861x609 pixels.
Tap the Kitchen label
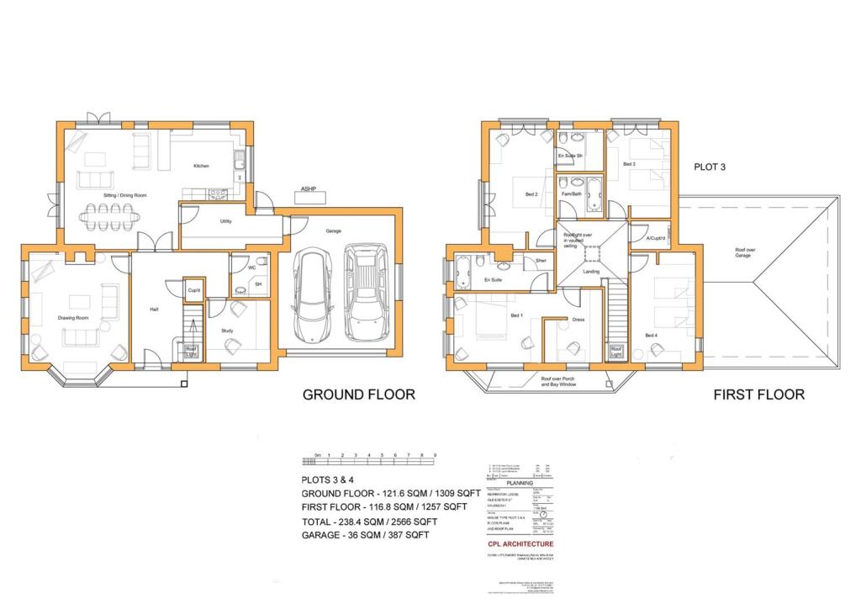(x=201, y=166)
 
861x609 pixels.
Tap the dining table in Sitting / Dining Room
(x=110, y=215)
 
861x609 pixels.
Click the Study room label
(x=226, y=331)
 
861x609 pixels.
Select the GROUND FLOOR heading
(x=358, y=394)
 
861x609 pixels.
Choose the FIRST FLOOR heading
(x=758, y=394)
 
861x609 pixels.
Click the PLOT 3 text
(x=709, y=167)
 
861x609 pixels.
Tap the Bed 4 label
(x=651, y=336)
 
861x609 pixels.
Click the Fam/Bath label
(x=571, y=194)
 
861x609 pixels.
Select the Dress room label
(x=578, y=320)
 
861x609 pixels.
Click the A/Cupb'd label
(x=656, y=238)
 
